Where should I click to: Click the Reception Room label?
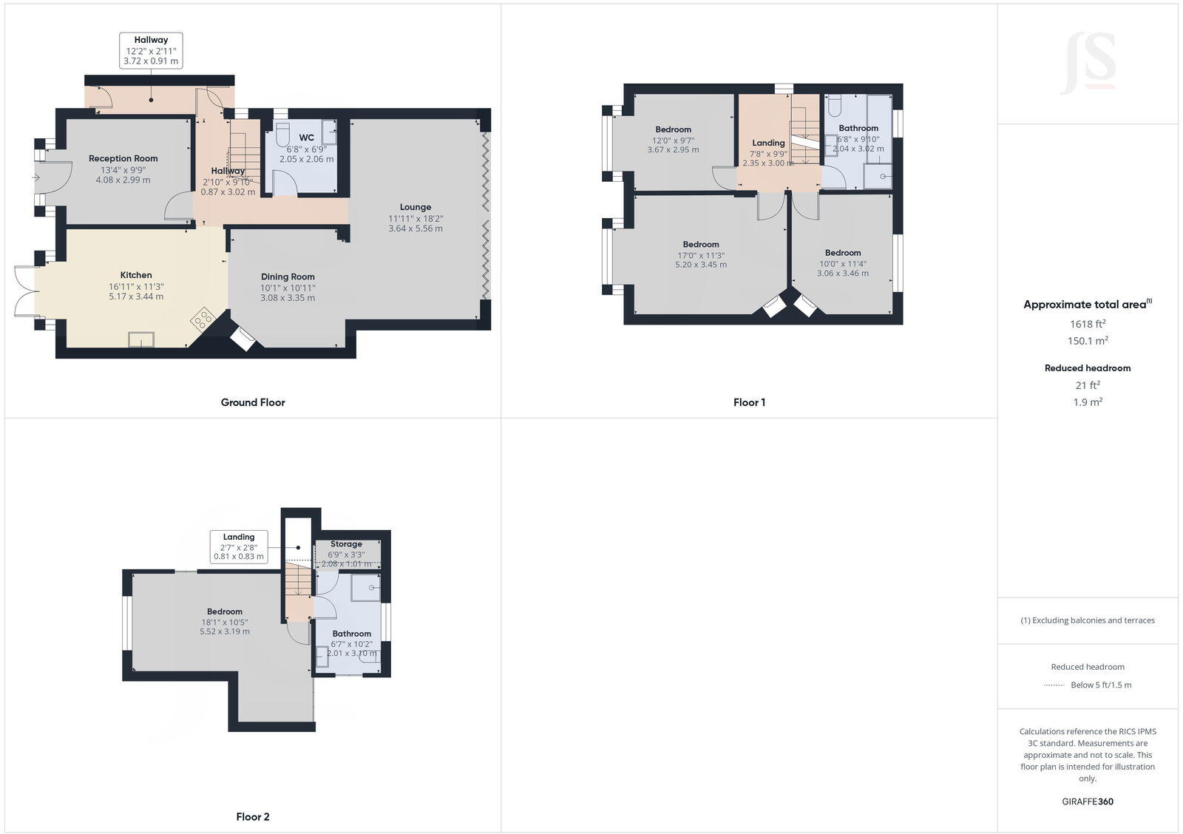(123, 158)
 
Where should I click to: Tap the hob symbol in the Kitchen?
(203, 319)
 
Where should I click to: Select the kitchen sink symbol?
(141, 339)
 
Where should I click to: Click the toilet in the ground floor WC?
(282, 135)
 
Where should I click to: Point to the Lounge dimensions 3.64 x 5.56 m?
(416, 228)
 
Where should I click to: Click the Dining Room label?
(288, 277)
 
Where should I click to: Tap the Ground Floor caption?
(253, 402)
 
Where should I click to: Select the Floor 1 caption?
(749, 402)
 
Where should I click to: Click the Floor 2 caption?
(253, 817)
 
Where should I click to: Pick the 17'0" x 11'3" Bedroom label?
(701, 244)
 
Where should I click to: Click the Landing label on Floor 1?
(768, 143)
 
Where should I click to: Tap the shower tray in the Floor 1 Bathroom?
(878, 176)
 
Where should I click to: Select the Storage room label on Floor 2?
(346, 543)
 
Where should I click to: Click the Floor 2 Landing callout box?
(238, 546)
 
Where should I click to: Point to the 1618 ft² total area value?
(1088, 324)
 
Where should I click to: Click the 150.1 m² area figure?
(1088, 341)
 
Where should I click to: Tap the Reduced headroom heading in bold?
(1088, 367)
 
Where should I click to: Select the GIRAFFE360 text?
(1088, 801)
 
